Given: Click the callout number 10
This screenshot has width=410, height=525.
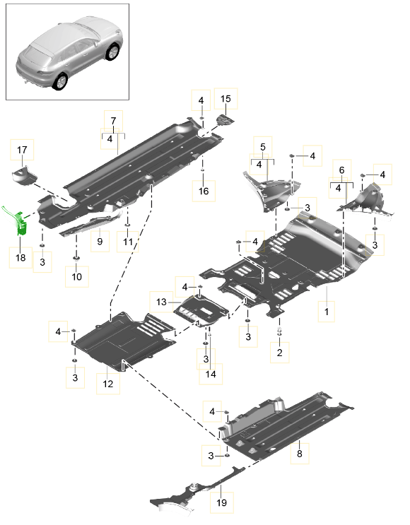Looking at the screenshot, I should pos(76,276).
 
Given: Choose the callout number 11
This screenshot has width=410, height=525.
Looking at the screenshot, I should pos(127,242).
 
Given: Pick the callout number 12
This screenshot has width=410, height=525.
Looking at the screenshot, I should pos(107,384).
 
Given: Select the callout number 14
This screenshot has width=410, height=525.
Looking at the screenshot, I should pos(209,374).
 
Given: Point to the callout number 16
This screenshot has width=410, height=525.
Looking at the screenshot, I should pos(204,190).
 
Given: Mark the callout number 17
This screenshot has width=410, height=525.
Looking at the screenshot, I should pos(22,150).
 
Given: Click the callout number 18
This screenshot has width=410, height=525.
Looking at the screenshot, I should pos(20,258).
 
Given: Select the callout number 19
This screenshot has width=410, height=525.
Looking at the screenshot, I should pos(221,503).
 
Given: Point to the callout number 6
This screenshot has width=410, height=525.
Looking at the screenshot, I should pos(341,170).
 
